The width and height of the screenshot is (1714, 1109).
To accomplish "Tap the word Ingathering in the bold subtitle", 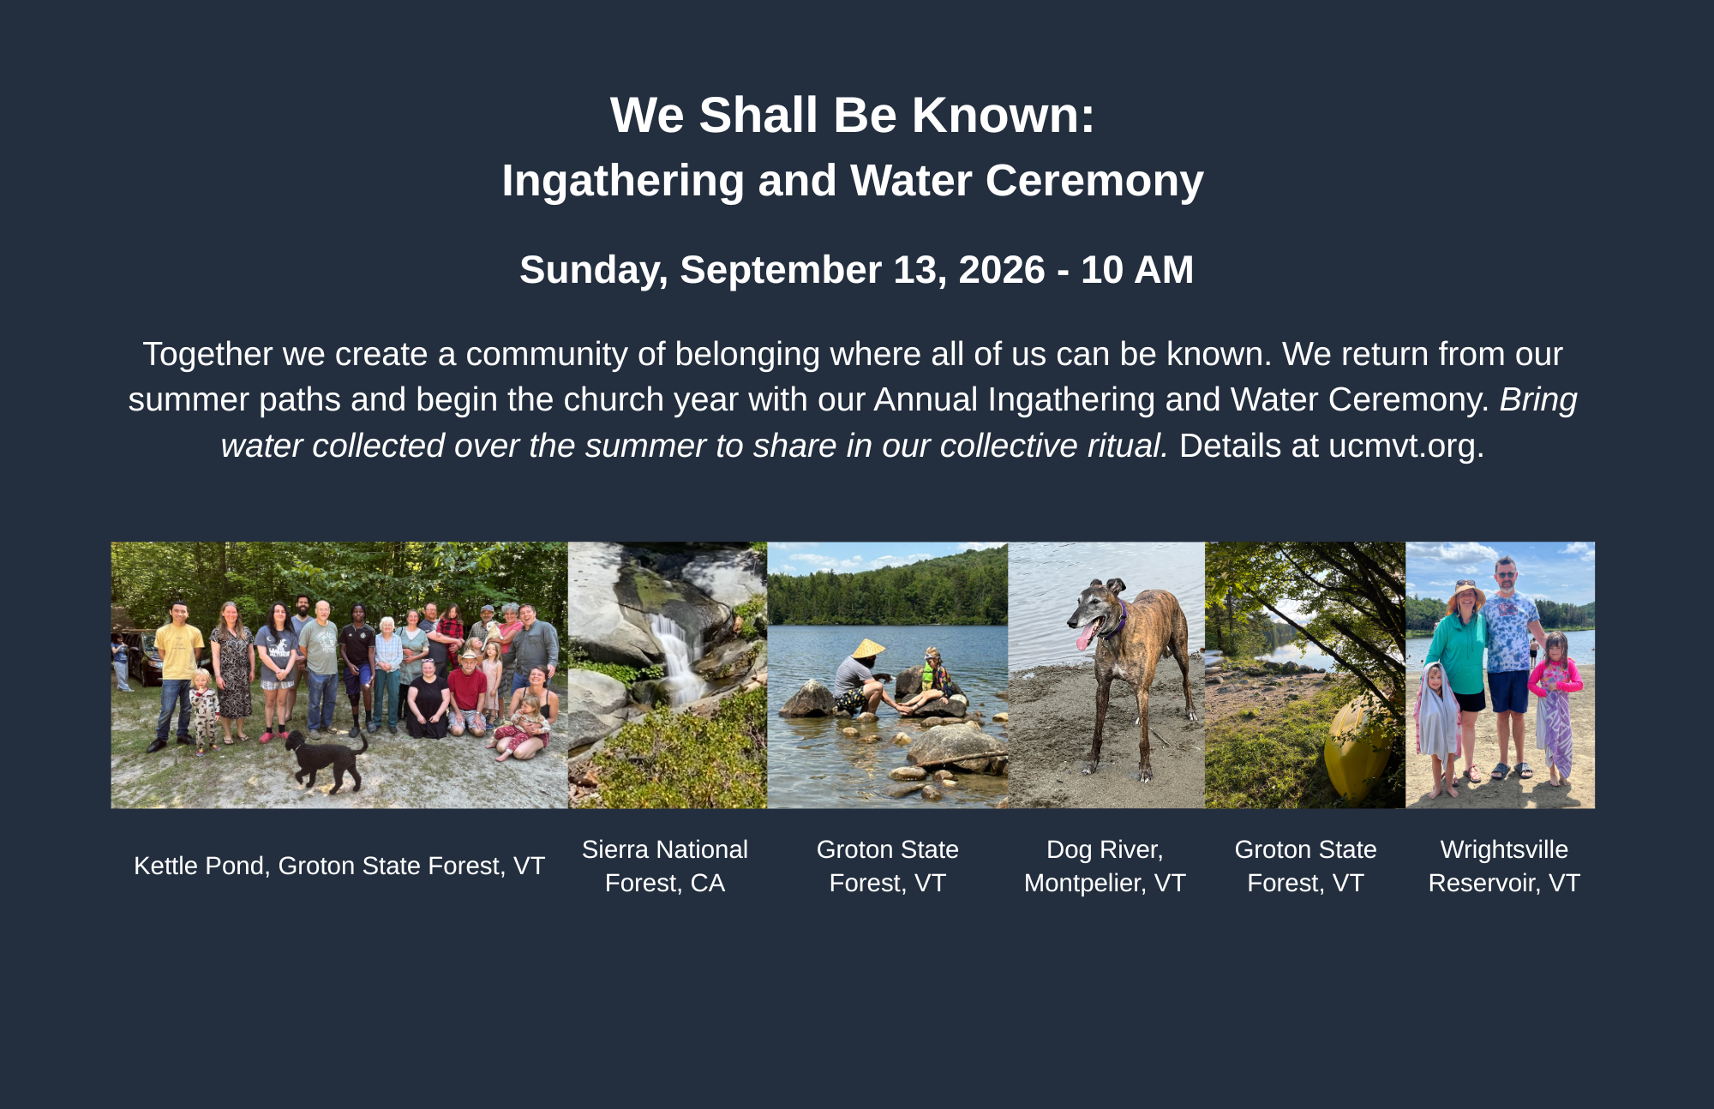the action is (x=623, y=181).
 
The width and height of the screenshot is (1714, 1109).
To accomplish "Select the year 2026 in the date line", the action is (x=1002, y=270).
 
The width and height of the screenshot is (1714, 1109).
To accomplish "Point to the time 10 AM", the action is (x=1137, y=270).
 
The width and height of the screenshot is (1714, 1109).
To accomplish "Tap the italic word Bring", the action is (x=1538, y=400).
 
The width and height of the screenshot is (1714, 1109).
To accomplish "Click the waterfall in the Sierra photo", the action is (x=677, y=656).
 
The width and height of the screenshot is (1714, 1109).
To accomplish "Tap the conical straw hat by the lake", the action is (x=868, y=649).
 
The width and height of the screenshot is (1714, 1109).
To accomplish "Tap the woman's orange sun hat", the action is (x=1466, y=595).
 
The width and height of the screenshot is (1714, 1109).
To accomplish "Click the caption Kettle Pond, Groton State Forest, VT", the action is (x=339, y=866).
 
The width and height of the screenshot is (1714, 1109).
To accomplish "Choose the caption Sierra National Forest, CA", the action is (x=665, y=866).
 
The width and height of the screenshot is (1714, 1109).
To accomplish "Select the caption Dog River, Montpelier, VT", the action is (x=1105, y=866).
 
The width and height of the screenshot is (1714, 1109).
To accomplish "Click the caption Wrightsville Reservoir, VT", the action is (x=1504, y=866).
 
